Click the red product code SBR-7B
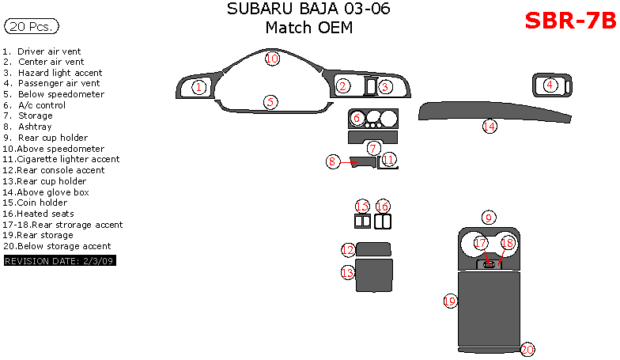pos(569,21)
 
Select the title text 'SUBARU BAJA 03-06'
pos(308,9)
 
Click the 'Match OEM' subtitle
pos(308,28)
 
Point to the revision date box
pos(60,260)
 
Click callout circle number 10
pos(272,59)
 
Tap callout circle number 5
pos(270,102)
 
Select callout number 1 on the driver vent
pos(199,87)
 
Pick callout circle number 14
pos(490,126)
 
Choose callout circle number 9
pos(490,218)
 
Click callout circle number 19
pos(450,301)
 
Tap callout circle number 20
pos(527,349)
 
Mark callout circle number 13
pos(348,272)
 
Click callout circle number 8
pos(333,161)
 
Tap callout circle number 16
pos(383,207)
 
